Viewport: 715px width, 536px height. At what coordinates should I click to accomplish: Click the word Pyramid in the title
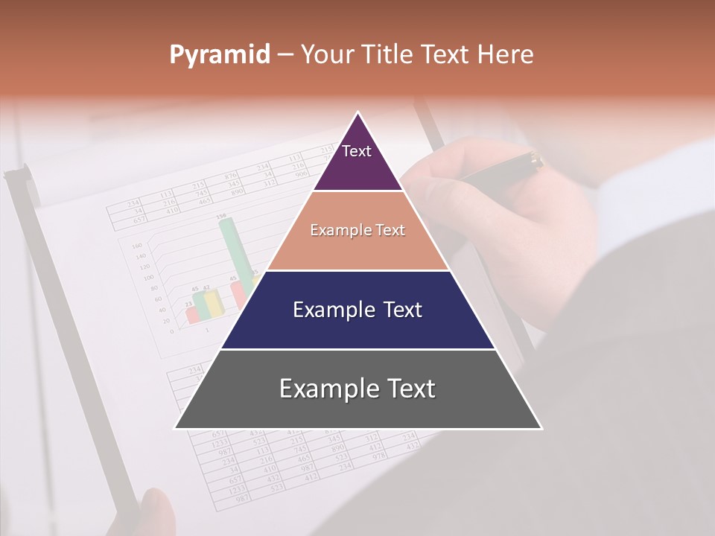(x=219, y=54)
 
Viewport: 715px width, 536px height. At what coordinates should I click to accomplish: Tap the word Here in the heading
(x=505, y=54)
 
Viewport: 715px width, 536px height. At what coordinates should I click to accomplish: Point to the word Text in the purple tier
(x=357, y=151)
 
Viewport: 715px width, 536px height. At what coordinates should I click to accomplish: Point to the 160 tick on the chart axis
(x=136, y=245)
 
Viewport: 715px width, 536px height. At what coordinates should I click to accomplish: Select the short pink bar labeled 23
(x=191, y=313)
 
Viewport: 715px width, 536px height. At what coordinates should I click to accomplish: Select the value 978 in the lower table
(x=378, y=454)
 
